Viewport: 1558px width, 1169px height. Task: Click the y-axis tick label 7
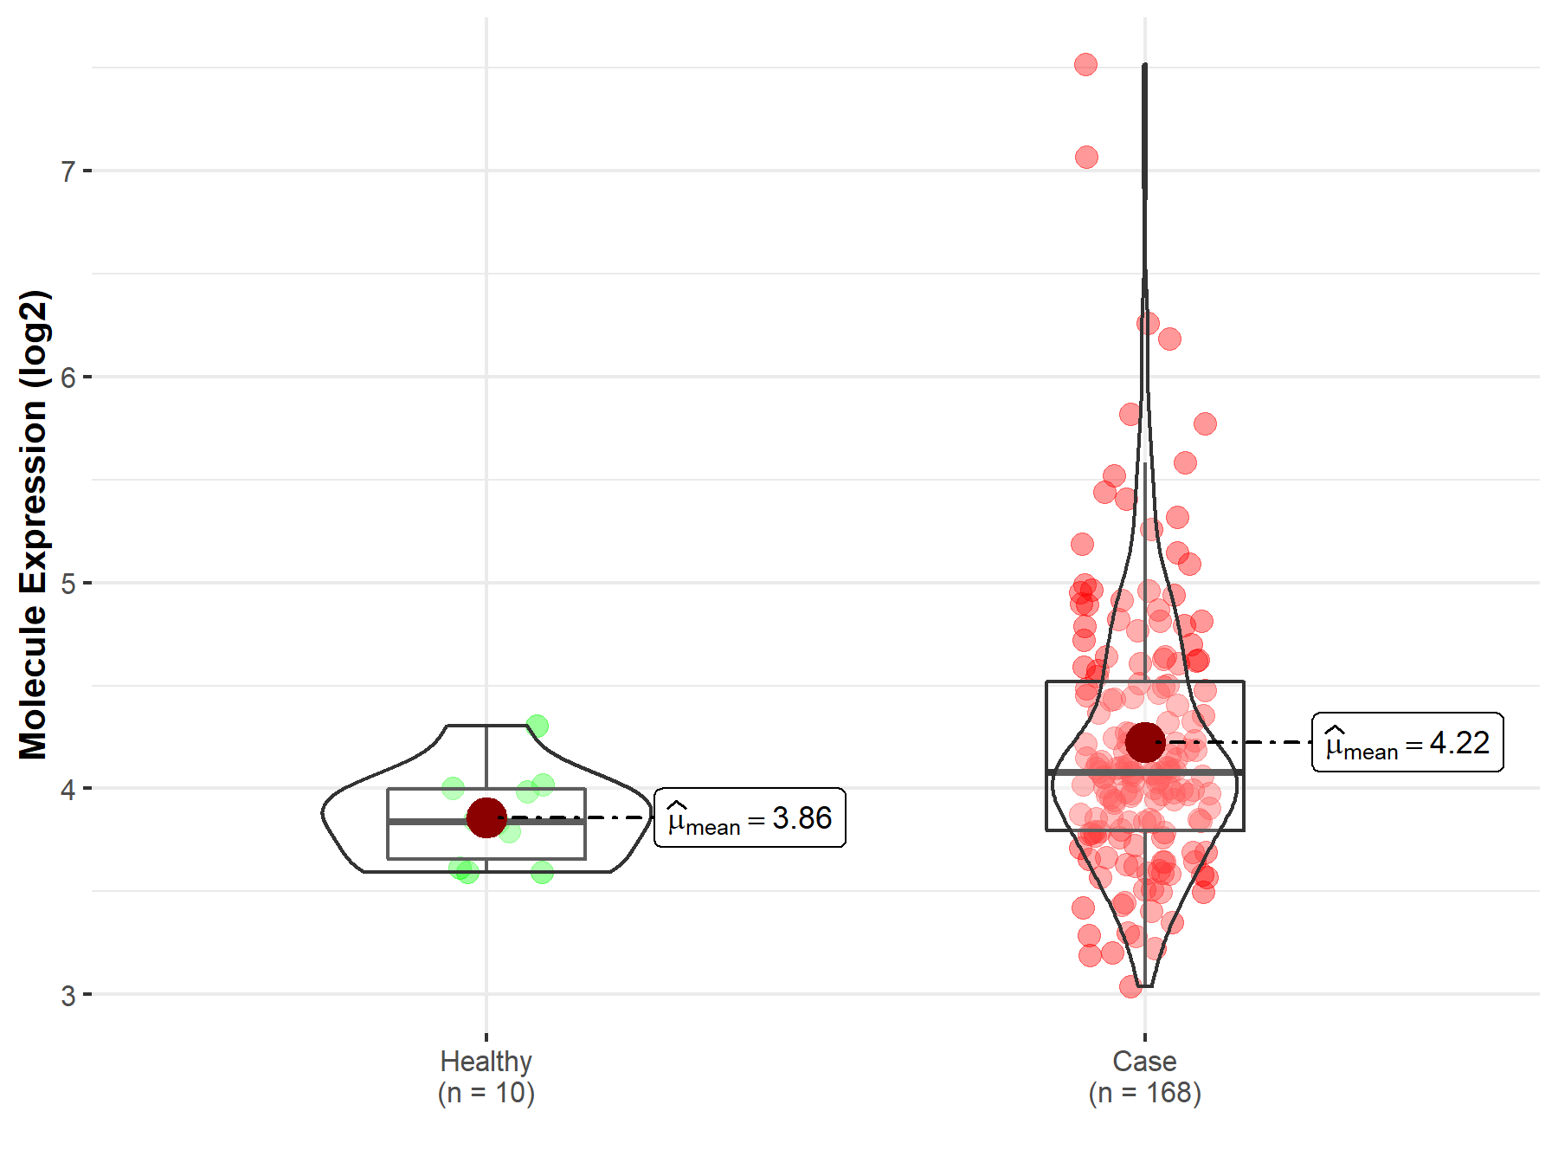coord(68,171)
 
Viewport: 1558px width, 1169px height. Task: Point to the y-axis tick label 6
coord(68,378)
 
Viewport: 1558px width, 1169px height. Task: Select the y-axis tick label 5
coord(68,584)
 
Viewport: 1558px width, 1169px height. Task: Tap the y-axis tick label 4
coord(68,789)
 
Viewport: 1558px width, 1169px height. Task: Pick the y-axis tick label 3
coord(68,995)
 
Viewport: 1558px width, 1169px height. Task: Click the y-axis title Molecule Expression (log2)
coord(33,525)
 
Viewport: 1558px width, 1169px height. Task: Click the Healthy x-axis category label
coord(486,1061)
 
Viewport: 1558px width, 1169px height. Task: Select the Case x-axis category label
coord(1144,1061)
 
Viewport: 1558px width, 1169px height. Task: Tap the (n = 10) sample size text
coord(486,1093)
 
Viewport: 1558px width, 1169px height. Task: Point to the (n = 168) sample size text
coord(1144,1093)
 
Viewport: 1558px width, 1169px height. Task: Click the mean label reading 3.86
coord(750,817)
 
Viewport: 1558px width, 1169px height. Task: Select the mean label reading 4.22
coord(1407,742)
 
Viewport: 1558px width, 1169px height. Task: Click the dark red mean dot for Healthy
coord(486,817)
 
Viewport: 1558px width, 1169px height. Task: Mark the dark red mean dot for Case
coord(1145,742)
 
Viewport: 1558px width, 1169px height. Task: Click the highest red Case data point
coord(1085,64)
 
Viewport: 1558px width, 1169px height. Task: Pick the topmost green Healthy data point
coord(537,726)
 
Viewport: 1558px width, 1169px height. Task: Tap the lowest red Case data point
coord(1130,986)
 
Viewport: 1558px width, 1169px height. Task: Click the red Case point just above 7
coord(1086,157)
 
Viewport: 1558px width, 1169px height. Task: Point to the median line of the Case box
coord(1099,771)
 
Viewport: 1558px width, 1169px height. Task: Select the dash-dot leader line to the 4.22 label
coord(1238,742)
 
